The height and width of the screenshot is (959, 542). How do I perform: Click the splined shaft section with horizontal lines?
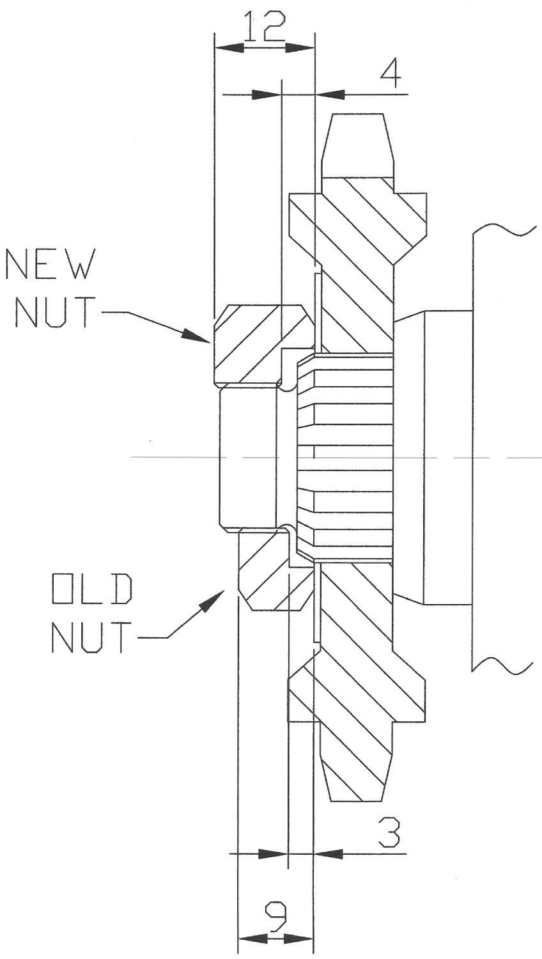pyautogui.click(x=348, y=457)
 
